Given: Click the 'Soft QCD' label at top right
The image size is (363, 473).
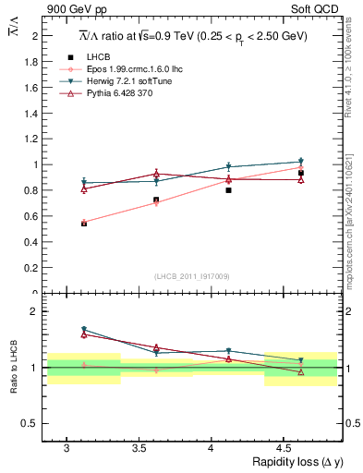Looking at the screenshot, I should pos(317,10).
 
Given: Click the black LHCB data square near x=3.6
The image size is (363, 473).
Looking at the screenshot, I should pos(156,200).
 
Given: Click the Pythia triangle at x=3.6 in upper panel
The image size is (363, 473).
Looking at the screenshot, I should pos(156,174).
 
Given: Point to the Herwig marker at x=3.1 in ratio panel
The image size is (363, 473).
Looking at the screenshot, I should pos(84,330).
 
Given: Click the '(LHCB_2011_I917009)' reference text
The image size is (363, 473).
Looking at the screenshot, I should pos(192,276).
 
